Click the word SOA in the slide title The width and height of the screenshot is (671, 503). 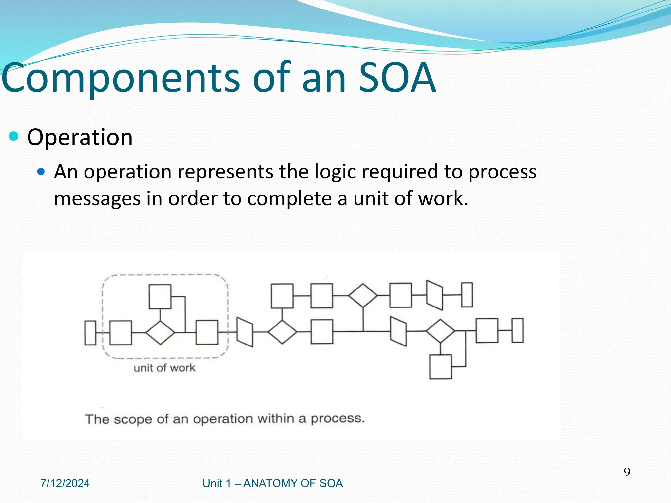397,78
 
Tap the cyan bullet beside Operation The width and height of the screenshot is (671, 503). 14,136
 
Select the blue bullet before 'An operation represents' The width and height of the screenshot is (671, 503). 41,171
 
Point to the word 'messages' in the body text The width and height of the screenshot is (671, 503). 97,198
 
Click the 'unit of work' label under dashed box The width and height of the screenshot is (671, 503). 164,368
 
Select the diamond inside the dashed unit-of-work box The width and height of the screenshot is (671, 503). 160,332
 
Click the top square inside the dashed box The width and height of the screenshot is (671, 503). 160,296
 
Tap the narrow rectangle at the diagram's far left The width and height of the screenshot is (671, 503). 90,333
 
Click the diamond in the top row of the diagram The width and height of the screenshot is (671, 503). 363,295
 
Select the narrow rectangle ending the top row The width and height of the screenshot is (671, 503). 467,295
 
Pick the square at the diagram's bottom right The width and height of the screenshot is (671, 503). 440,367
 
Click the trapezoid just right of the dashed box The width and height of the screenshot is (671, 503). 244,332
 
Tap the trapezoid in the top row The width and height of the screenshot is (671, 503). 434,295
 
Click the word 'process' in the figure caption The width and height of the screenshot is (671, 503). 337,419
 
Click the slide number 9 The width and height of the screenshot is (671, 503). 627,472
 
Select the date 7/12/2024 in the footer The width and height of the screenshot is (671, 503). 65,483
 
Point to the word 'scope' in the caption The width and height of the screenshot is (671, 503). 133,419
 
